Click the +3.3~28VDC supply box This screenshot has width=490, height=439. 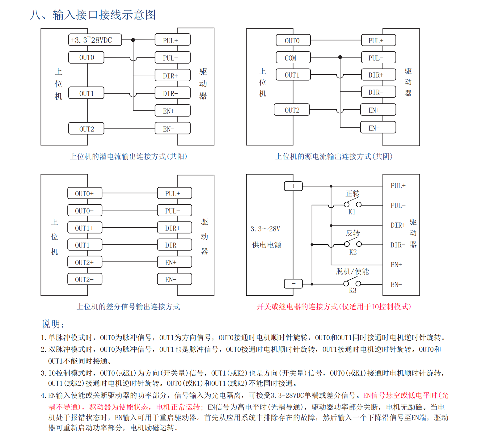[x=95, y=40]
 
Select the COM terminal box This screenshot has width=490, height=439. [x=293, y=57]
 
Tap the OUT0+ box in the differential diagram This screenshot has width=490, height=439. [x=85, y=193]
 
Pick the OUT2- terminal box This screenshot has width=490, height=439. [x=85, y=279]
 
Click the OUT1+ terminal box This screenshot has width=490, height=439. [x=85, y=228]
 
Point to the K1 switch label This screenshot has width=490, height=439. [x=352, y=212]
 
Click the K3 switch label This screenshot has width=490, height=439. [x=353, y=290]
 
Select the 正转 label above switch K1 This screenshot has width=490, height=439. [x=353, y=194]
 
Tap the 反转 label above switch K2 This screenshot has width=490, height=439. [x=353, y=233]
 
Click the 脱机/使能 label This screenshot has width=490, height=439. [x=353, y=271]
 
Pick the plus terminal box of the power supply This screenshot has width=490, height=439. [x=293, y=186]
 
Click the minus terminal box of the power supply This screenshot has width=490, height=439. [x=293, y=283]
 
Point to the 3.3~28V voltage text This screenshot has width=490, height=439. [x=265, y=229]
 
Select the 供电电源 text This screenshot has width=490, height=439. [x=267, y=245]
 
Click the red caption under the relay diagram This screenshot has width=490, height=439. [x=334, y=306]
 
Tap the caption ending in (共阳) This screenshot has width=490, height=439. [x=128, y=156]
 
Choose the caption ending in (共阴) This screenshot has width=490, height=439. [x=334, y=156]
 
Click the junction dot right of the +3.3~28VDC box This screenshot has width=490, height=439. [x=133, y=40]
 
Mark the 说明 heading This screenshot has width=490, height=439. [x=53, y=324]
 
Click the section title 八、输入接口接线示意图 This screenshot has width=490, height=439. [x=93, y=15]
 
